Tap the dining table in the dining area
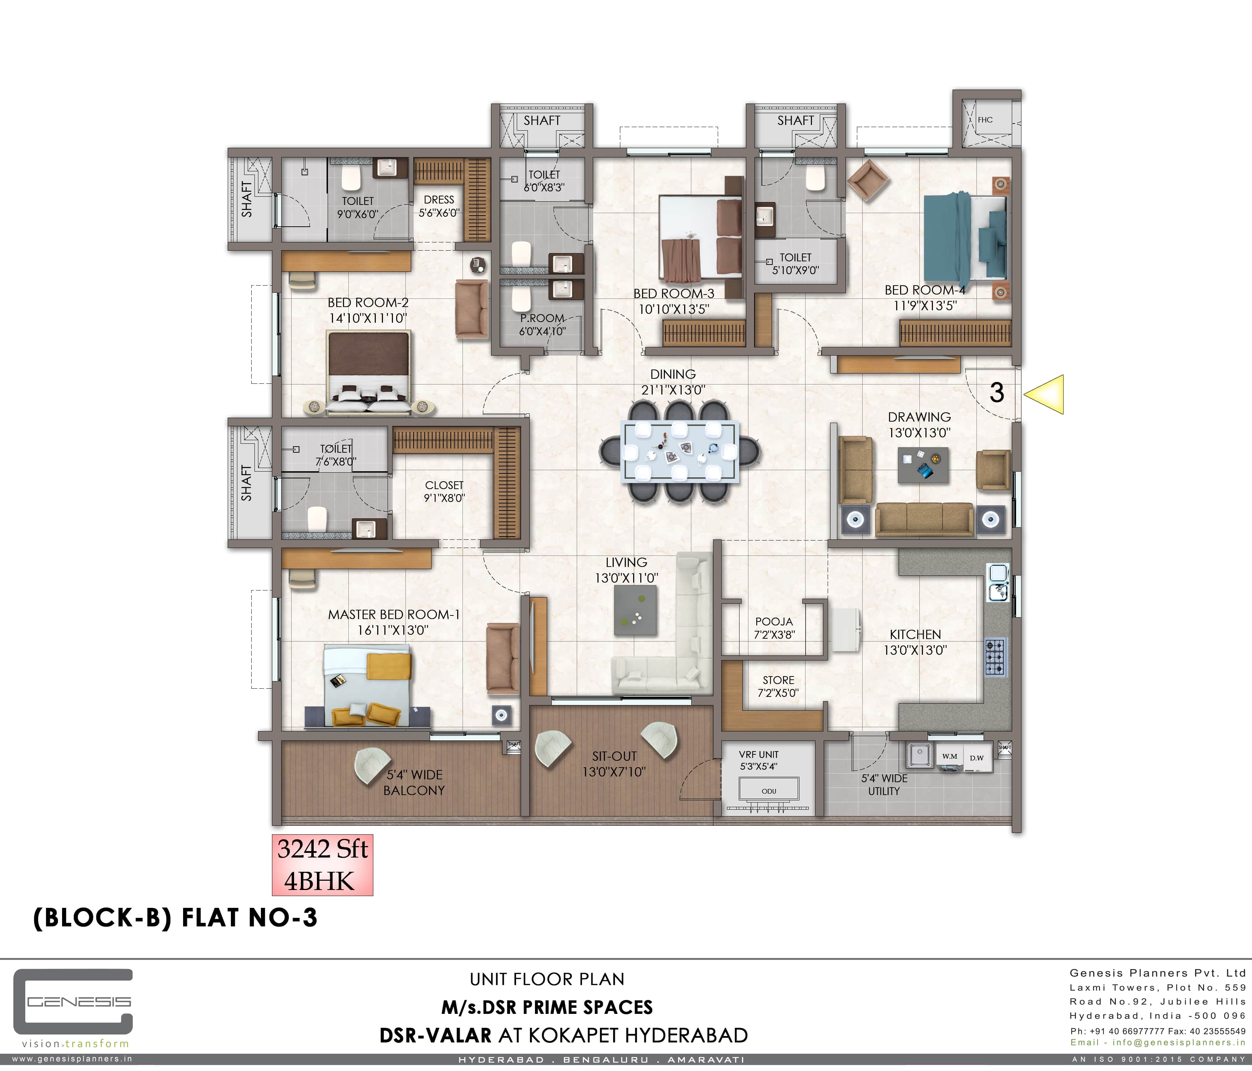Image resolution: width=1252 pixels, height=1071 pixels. click(x=680, y=452)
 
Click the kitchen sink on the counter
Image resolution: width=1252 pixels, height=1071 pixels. click(x=998, y=582)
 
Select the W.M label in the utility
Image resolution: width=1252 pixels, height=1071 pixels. click(x=950, y=756)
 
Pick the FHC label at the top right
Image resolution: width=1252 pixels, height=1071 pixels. click(x=985, y=120)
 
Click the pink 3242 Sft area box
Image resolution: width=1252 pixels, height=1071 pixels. click(x=323, y=865)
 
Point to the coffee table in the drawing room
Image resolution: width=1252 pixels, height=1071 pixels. click(x=923, y=465)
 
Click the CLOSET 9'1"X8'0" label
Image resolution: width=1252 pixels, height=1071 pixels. click(x=444, y=491)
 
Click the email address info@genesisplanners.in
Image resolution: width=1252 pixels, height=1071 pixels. click(x=1178, y=1042)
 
